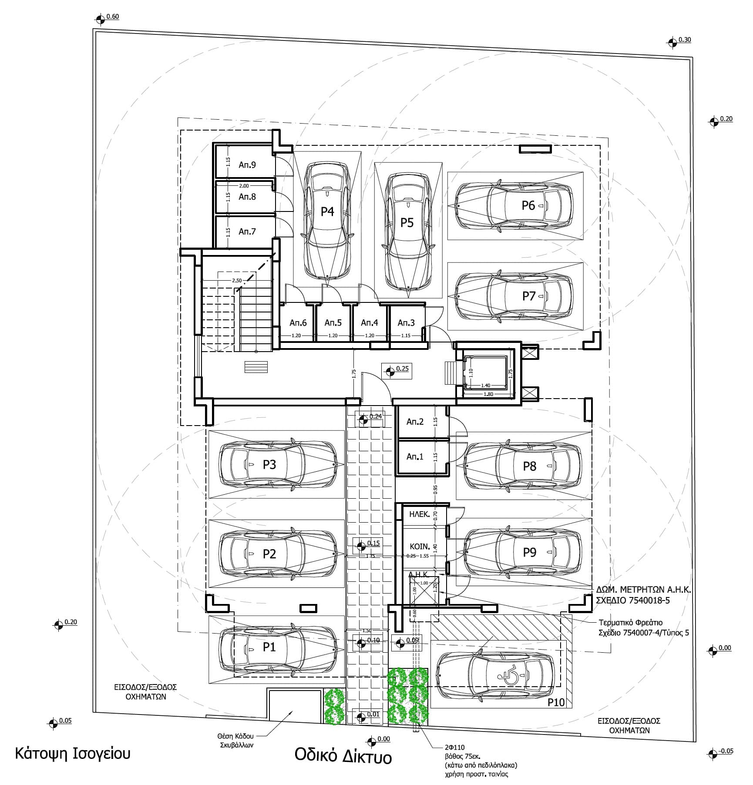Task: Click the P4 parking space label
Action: click(x=327, y=211)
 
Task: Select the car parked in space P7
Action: click(x=514, y=296)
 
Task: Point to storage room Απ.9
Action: click(x=247, y=165)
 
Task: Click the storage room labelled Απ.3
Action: click(x=406, y=323)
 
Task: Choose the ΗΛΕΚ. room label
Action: click(x=419, y=514)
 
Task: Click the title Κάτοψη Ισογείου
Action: click(x=73, y=753)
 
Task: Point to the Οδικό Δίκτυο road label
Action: click(x=343, y=757)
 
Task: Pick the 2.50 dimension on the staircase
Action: click(x=237, y=281)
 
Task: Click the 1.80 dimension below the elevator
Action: click(x=488, y=394)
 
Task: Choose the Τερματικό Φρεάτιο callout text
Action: click(x=630, y=623)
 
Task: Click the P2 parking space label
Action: click(x=269, y=554)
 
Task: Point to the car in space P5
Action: click(x=408, y=233)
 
